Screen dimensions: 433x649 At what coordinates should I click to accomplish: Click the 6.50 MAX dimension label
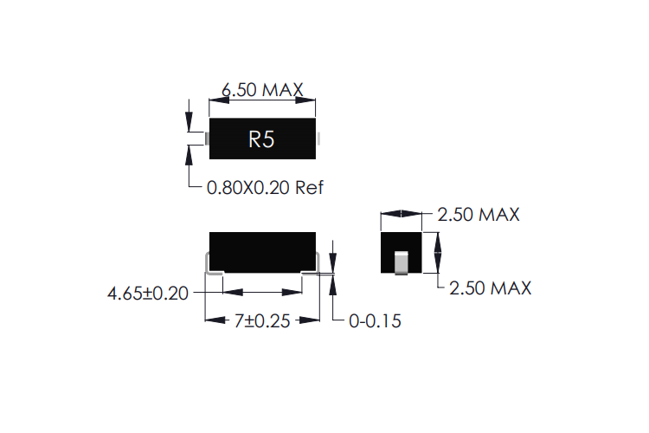261,90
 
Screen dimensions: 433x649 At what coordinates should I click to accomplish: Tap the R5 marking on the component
261,139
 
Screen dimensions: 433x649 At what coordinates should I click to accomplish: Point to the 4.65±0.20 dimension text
147,294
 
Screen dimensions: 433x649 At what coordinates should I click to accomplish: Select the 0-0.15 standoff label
375,321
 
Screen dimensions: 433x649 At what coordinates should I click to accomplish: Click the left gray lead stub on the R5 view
207,138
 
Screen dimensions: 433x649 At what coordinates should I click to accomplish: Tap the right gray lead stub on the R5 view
318,138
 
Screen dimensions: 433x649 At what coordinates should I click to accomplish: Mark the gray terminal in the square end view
401,262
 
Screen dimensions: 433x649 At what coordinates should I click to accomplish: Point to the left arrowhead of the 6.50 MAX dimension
215,101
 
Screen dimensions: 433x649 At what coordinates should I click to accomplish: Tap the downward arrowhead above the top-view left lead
190,125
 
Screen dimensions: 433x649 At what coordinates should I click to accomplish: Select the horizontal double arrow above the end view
401,214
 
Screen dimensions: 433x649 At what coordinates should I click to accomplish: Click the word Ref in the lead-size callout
309,187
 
